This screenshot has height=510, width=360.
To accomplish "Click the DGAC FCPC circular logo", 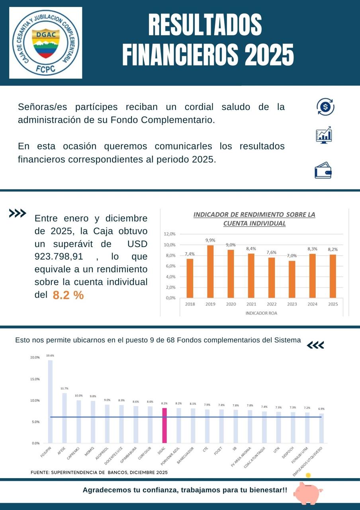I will click(45, 43).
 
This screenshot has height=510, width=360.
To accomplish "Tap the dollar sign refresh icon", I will click(325, 107).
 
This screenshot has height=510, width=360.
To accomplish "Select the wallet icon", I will click(323, 170).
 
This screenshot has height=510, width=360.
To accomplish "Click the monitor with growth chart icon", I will click(324, 135).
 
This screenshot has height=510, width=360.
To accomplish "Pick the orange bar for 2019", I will click(210, 271).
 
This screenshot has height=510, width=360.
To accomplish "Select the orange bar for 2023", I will click(292, 279).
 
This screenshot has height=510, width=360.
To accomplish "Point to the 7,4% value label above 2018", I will click(190, 254).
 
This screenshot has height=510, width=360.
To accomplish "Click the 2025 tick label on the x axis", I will click(333, 304).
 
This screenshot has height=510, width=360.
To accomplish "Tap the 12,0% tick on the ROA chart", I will click(170, 234).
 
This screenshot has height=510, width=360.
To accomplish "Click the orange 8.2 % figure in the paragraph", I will click(68, 296).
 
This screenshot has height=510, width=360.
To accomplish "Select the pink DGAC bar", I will click(164, 425).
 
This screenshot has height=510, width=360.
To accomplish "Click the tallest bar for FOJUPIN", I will click(50, 401).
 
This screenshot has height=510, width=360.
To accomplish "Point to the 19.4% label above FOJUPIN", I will click(50, 355).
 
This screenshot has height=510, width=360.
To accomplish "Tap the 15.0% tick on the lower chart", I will click(35, 379).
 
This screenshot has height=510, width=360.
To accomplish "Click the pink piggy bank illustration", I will click(308, 493).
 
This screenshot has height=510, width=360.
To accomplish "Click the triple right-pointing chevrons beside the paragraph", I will click(18, 214).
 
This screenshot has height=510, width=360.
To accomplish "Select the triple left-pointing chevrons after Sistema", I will click(315, 345).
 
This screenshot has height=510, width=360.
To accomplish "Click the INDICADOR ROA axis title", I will click(261, 313).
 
